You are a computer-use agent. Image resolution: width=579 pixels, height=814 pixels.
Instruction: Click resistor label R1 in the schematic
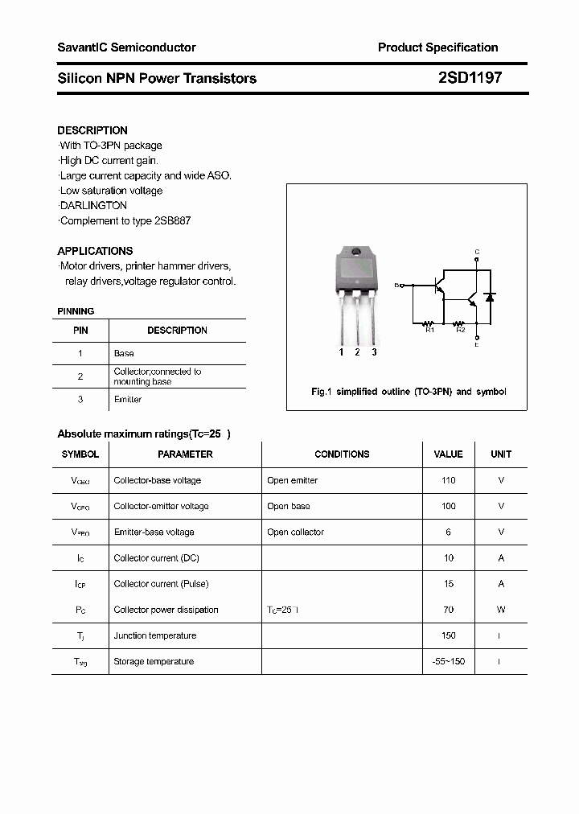coord(429,330)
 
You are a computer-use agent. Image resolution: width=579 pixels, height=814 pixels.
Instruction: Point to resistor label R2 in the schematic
coord(460,330)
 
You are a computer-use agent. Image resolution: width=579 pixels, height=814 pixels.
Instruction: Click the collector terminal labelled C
coord(477,252)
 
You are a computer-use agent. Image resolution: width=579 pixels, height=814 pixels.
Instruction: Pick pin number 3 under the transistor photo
coord(374,352)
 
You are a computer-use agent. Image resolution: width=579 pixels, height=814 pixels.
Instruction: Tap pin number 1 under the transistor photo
coord(341,352)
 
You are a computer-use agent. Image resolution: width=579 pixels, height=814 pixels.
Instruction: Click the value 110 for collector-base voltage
coord(448,480)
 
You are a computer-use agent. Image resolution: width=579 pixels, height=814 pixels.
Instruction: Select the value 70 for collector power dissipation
coord(448,610)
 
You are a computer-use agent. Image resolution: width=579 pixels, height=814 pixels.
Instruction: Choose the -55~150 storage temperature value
coord(448,661)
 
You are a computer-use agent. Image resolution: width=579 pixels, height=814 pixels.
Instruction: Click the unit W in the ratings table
coord(501,610)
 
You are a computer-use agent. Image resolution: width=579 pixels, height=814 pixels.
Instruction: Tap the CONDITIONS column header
coord(342,454)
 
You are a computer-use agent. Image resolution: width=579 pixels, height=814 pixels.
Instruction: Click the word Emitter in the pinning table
coord(128,400)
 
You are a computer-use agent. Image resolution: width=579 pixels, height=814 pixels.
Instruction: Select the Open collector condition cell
coord(295,532)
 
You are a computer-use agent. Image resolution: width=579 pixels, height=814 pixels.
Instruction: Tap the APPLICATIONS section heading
coord(95,251)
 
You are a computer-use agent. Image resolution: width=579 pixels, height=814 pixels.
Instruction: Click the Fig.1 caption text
coord(409,392)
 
